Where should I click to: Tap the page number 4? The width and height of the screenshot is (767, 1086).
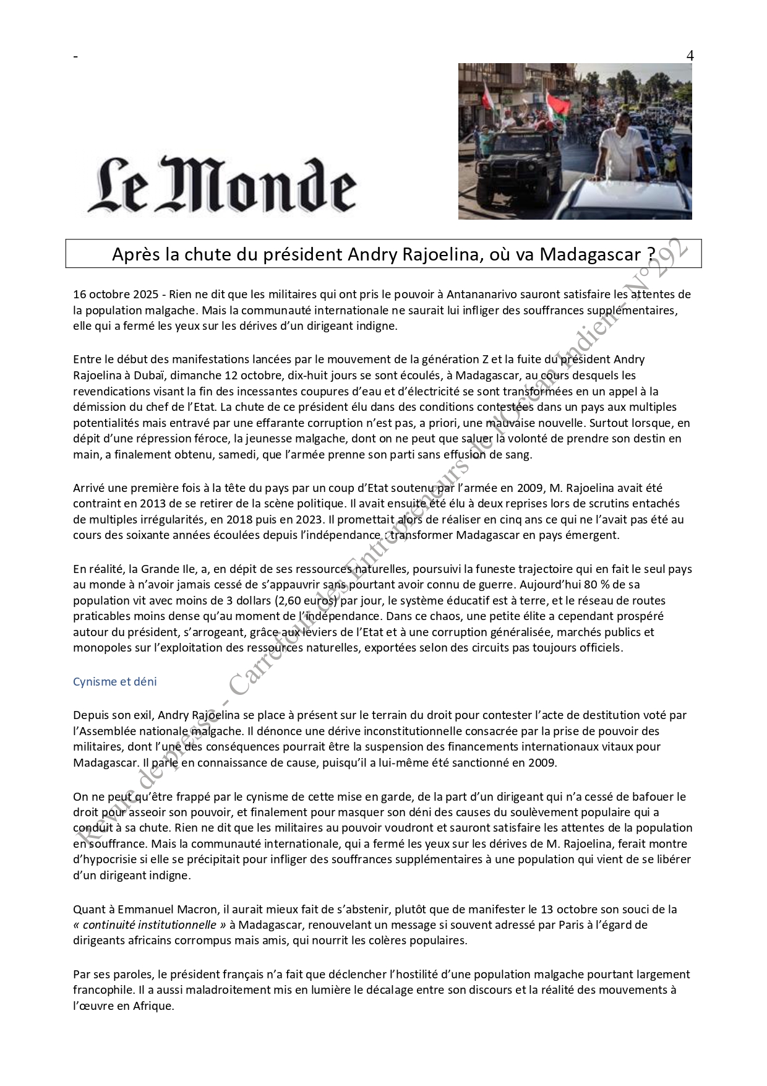coord(690,56)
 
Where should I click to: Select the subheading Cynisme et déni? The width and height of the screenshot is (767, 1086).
coord(114,681)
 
